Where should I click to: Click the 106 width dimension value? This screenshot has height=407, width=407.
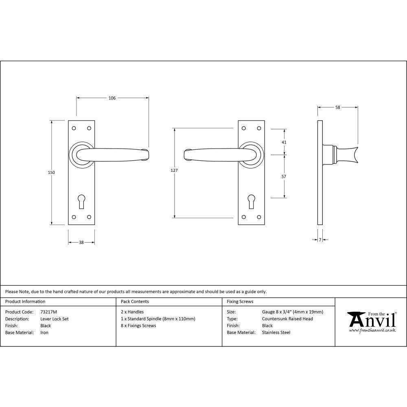112,98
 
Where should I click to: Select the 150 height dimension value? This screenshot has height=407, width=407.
51,173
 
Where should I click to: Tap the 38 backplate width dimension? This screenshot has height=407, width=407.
81,243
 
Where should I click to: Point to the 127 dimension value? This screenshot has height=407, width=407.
174,171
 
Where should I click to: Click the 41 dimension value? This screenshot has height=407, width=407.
284,142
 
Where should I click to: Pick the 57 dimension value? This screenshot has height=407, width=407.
284,177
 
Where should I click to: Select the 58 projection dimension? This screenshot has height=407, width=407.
338,107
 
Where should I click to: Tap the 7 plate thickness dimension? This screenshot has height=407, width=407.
320,240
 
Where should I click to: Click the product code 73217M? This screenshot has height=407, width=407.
49,312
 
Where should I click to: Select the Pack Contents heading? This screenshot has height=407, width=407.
135,302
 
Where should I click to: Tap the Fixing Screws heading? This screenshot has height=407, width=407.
240,302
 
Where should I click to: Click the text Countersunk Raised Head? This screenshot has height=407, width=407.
287,319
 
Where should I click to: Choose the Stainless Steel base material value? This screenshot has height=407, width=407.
276,333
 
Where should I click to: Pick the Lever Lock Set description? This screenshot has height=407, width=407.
55,319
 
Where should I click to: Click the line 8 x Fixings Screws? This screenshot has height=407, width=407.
138,326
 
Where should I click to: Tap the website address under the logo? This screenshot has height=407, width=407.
372,330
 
